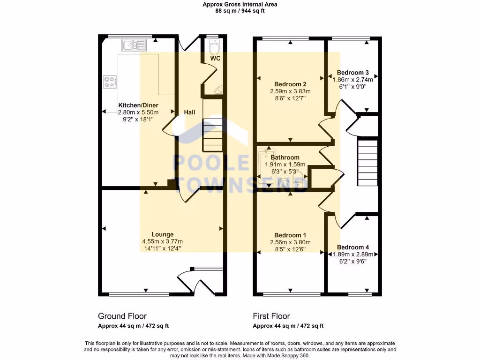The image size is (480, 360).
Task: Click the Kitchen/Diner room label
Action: pos(138,105)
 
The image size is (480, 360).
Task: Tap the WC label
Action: pos(215,58)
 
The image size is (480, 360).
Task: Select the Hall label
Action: pos(189,112)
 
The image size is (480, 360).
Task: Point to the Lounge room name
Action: pos(163,234)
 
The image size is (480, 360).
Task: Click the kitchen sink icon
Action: pos(134,45)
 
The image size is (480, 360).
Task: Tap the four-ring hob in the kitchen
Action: pos(110,82)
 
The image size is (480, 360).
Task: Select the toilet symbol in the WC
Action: pos(214,47)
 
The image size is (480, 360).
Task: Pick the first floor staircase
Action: pos(367,163)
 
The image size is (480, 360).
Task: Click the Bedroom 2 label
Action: pos(290,84)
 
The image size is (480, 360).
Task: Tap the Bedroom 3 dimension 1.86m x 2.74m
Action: pos(353,80)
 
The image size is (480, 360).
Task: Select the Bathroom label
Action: pos(285,157)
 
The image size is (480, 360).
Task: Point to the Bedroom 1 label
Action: pos(290,235)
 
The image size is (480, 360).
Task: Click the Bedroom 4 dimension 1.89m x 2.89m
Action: pos(353,255)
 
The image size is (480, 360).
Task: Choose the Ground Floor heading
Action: pos(122,316)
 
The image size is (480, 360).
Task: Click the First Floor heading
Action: pos(271,316)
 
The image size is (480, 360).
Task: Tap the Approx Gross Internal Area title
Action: pos(240,4)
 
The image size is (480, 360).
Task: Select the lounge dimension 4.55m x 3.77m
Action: pos(163,241)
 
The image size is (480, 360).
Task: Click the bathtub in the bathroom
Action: pos(266,167)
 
